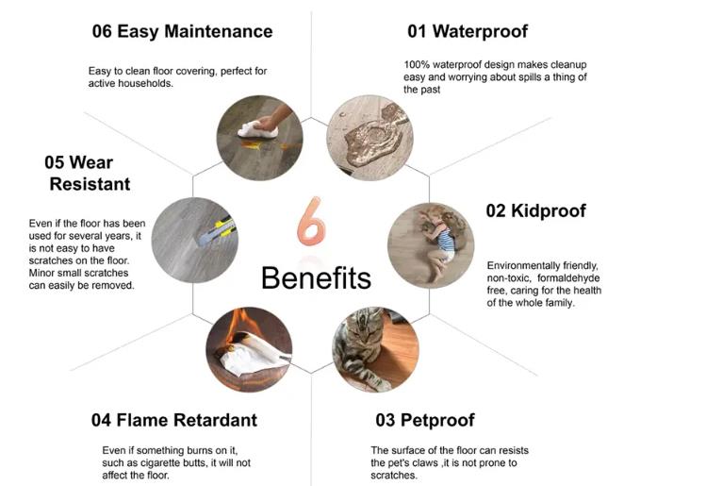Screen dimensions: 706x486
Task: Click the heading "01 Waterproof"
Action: [468, 31]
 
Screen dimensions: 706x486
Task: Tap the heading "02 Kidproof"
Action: [535, 211]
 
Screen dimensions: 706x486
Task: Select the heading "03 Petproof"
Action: [425, 420]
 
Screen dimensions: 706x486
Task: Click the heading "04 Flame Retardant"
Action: [174, 420]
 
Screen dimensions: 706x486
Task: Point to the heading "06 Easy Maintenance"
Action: [182, 31]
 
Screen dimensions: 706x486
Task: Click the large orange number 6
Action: [311, 222]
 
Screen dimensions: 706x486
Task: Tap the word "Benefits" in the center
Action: [316, 277]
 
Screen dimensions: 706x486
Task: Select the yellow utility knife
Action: [217, 231]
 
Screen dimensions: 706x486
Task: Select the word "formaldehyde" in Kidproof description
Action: [568, 278]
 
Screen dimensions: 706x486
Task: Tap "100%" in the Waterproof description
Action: [417, 65]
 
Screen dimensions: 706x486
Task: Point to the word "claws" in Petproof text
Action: [425, 463]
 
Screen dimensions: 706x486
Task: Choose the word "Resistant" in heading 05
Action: [90, 184]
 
